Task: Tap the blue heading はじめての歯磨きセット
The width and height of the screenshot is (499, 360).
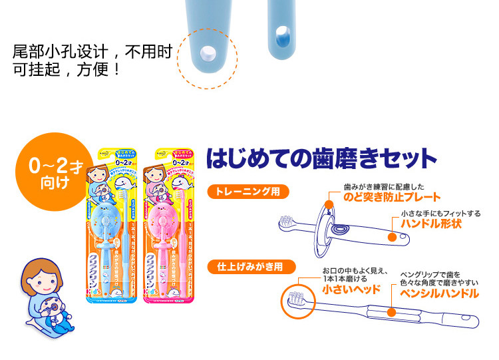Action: click(x=321, y=159)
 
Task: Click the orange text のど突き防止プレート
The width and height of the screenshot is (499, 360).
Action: click(x=392, y=197)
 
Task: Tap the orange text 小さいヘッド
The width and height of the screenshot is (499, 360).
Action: click(x=351, y=289)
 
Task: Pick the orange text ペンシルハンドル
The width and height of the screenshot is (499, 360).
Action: click(x=439, y=293)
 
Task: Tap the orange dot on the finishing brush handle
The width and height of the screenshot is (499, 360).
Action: click(x=393, y=310)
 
